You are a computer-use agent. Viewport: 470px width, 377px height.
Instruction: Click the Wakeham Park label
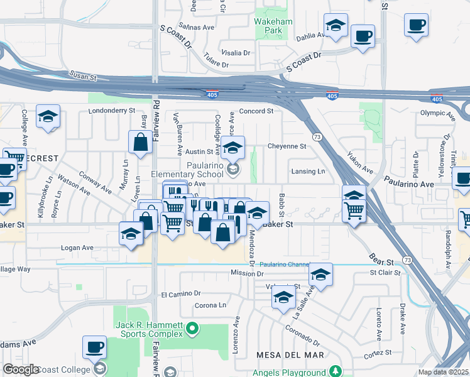click(x=268, y=25)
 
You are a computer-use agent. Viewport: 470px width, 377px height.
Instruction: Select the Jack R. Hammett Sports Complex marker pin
click(x=194, y=328)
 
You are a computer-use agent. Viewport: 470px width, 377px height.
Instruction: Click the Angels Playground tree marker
click(x=336, y=370)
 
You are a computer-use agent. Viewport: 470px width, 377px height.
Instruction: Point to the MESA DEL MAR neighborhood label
click(x=290, y=355)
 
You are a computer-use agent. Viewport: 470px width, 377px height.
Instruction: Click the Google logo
click(x=21, y=369)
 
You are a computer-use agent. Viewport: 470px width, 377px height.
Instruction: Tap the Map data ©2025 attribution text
click(x=443, y=372)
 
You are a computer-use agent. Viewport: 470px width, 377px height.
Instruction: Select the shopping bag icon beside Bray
click(x=140, y=143)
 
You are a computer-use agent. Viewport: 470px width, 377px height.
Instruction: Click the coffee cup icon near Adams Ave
click(x=95, y=347)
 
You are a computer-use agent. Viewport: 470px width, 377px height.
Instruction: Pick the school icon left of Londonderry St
click(x=48, y=117)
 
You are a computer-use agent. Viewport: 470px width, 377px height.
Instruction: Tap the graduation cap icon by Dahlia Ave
click(x=336, y=26)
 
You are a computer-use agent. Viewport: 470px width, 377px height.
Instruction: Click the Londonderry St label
click(x=112, y=110)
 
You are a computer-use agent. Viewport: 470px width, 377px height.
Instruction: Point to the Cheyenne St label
click(x=287, y=146)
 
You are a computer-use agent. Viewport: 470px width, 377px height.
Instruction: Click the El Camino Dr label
click(x=180, y=293)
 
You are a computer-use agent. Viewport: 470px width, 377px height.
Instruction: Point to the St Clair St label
click(x=385, y=273)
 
